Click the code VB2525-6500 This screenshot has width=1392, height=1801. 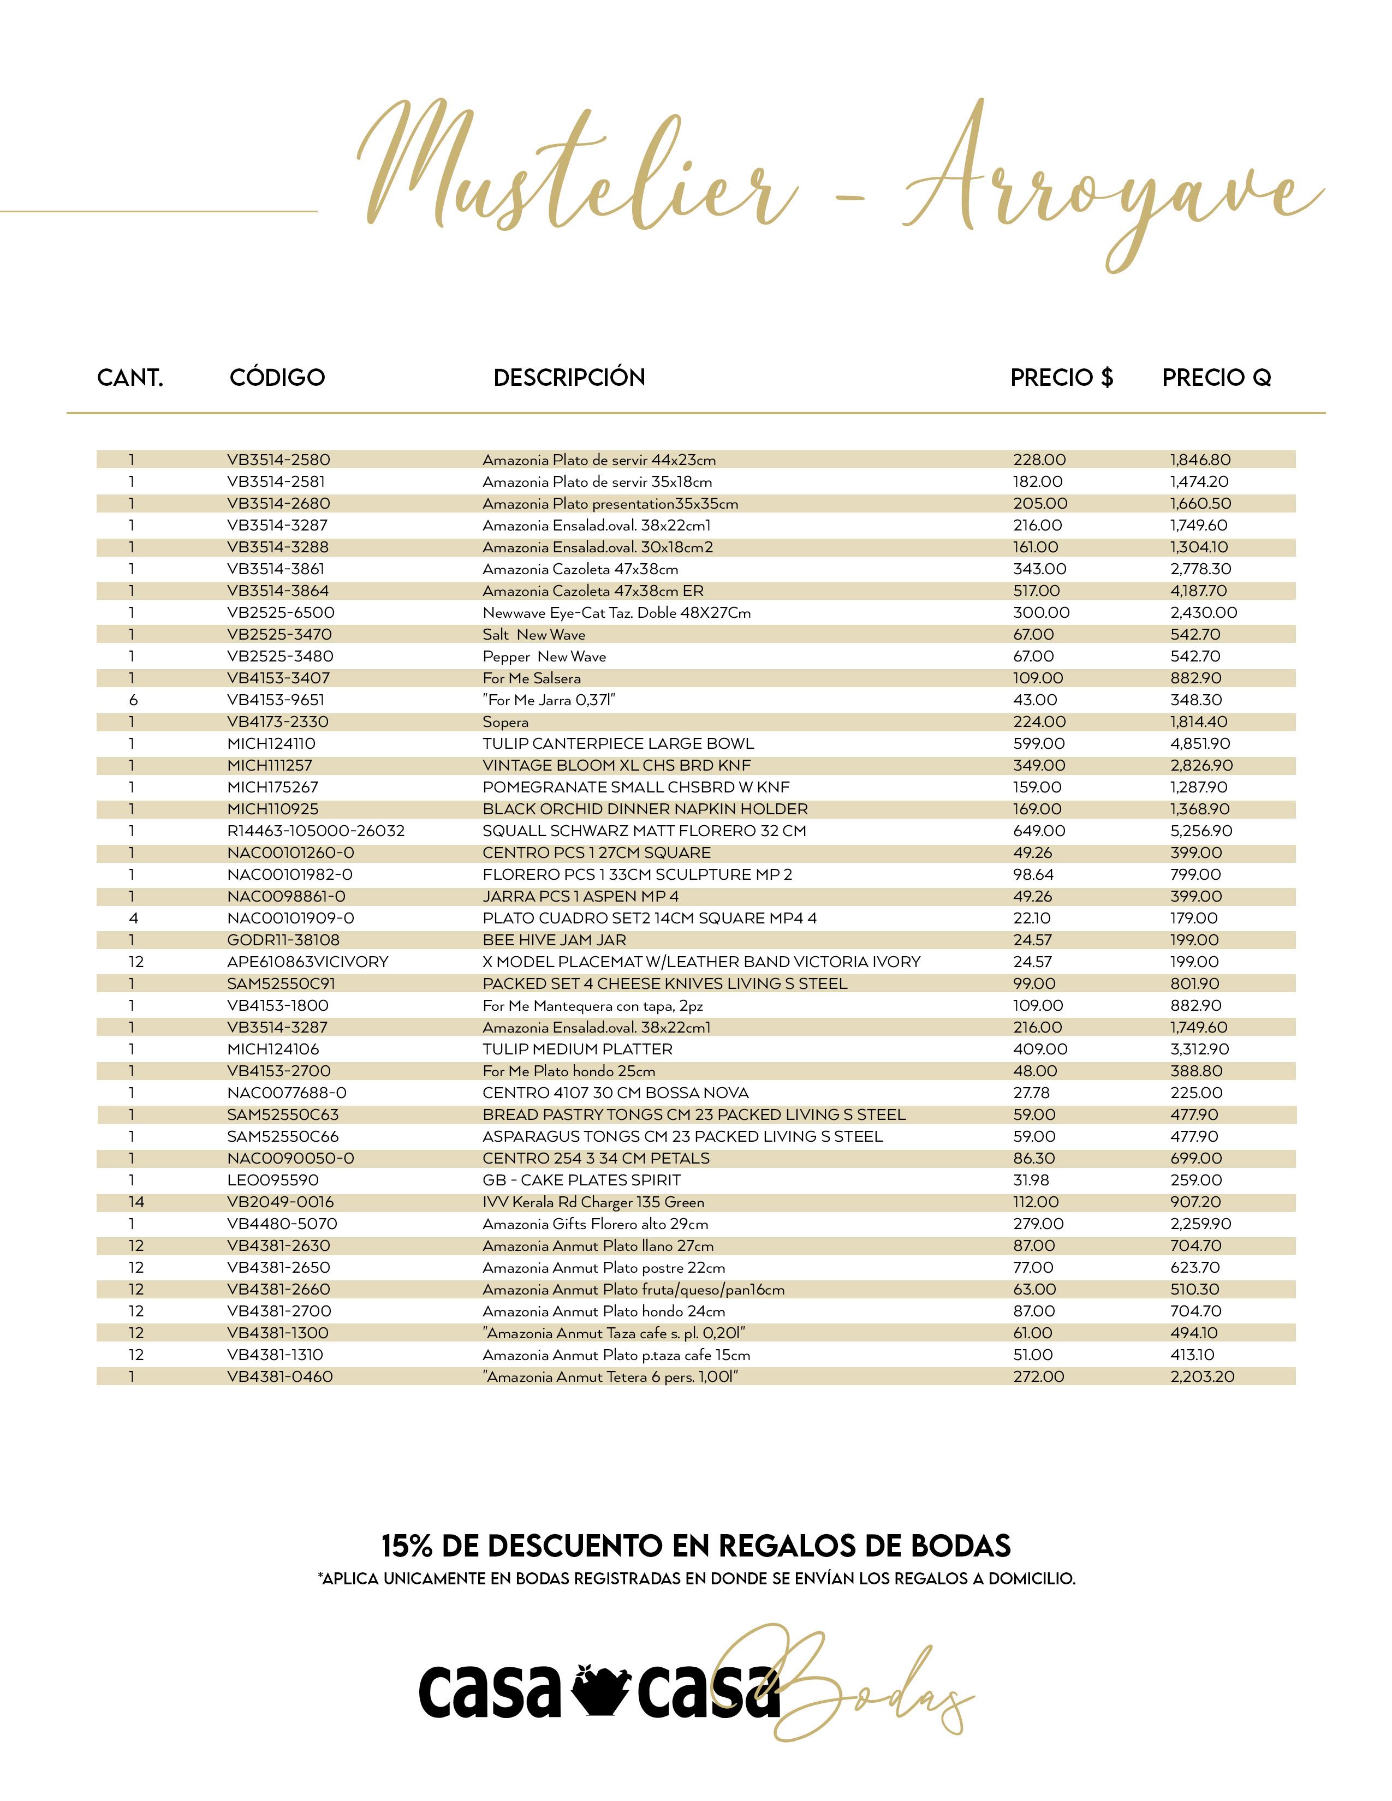click(x=281, y=613)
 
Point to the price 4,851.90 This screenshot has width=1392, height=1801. click(x=1200, y=744)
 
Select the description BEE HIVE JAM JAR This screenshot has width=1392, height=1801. click(x=554, y=940)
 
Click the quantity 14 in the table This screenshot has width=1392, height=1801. click(x=136, y=1202)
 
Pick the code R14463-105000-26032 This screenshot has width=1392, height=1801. click(x=316, y=831)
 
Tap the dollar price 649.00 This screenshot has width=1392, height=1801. click(x=1039, y=831)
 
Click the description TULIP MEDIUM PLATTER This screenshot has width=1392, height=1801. click(x=577, y=1049)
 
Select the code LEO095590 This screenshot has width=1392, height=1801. click(x=273, y=1180)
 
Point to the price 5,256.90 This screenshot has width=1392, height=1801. click(x=1201, y=831)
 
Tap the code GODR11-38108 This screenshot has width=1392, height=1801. click(x=283, y=940)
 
